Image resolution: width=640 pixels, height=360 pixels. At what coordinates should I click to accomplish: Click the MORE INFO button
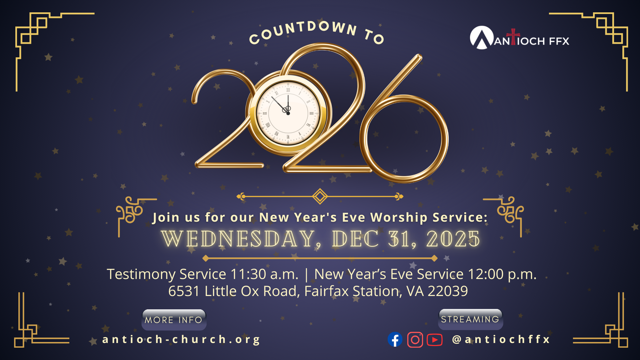(174, 320)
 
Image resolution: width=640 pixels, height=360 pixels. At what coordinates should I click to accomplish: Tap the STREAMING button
(470, 319)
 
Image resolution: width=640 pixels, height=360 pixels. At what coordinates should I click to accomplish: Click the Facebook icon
(395, 340)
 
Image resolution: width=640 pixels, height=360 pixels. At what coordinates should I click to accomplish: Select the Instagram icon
(415, 340)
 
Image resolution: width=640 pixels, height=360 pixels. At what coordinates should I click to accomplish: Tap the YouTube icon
(435, 340)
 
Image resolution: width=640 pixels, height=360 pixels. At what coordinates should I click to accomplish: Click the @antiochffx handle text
(501, 339)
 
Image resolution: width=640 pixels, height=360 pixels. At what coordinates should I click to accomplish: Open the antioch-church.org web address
(181, 339)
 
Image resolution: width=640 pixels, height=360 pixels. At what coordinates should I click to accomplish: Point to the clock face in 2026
(288, 113)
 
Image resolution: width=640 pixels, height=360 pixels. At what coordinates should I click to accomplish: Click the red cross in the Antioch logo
(513, 36)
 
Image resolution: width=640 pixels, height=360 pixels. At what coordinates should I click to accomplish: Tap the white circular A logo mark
(482, 38)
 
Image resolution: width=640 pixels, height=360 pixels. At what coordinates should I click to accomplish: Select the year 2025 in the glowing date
(453, 239)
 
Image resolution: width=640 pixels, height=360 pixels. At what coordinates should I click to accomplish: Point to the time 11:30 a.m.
(264, 274)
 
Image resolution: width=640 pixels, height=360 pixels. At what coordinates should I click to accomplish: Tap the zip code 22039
(448, 291)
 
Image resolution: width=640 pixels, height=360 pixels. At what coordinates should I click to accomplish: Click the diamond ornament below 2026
(320, 196)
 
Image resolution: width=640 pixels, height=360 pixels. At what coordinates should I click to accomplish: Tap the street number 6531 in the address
(184, 291)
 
